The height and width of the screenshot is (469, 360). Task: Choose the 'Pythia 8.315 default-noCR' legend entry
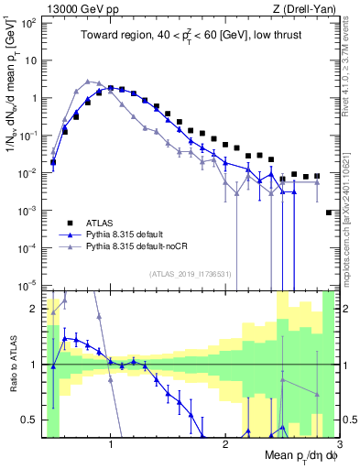click(142, 246)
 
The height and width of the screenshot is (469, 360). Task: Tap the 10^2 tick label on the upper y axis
click(29, 23)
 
